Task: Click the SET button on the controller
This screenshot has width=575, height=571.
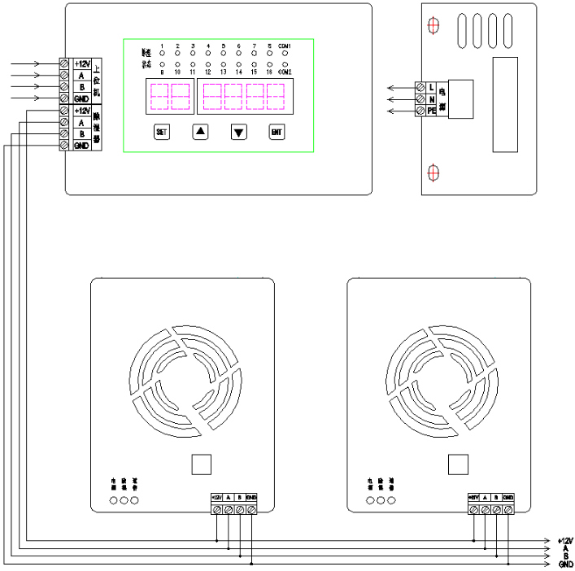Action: coord(161,132)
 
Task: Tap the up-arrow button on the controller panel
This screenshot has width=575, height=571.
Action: coord(201,132)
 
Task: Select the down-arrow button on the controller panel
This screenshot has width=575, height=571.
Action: coord(238,132)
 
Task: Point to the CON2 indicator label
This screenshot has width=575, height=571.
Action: coord(284,72)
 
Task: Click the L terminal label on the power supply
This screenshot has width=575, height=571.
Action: coord(431,86)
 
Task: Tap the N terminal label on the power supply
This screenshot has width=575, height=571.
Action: coord(431,98)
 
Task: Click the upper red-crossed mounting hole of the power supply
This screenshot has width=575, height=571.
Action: coord(433,26)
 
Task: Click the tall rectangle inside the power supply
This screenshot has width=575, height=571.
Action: coord(505,106)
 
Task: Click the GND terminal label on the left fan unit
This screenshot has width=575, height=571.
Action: coord(251,497)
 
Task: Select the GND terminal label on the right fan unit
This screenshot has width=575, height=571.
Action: coord(508,497)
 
